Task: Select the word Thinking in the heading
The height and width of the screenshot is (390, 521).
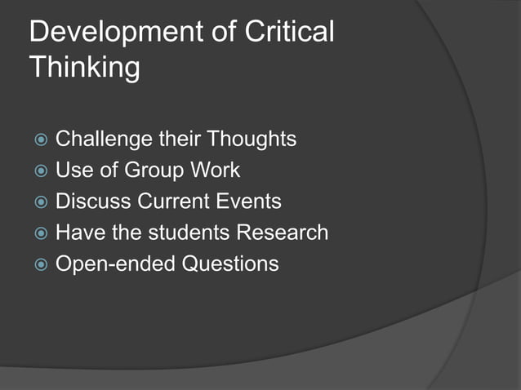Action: [x=84, y=68]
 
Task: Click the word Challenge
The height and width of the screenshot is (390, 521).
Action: [x=104, y=140]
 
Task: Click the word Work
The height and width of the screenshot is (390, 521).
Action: [x=216, y=171]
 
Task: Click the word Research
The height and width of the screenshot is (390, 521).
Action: [x=282, y=233]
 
